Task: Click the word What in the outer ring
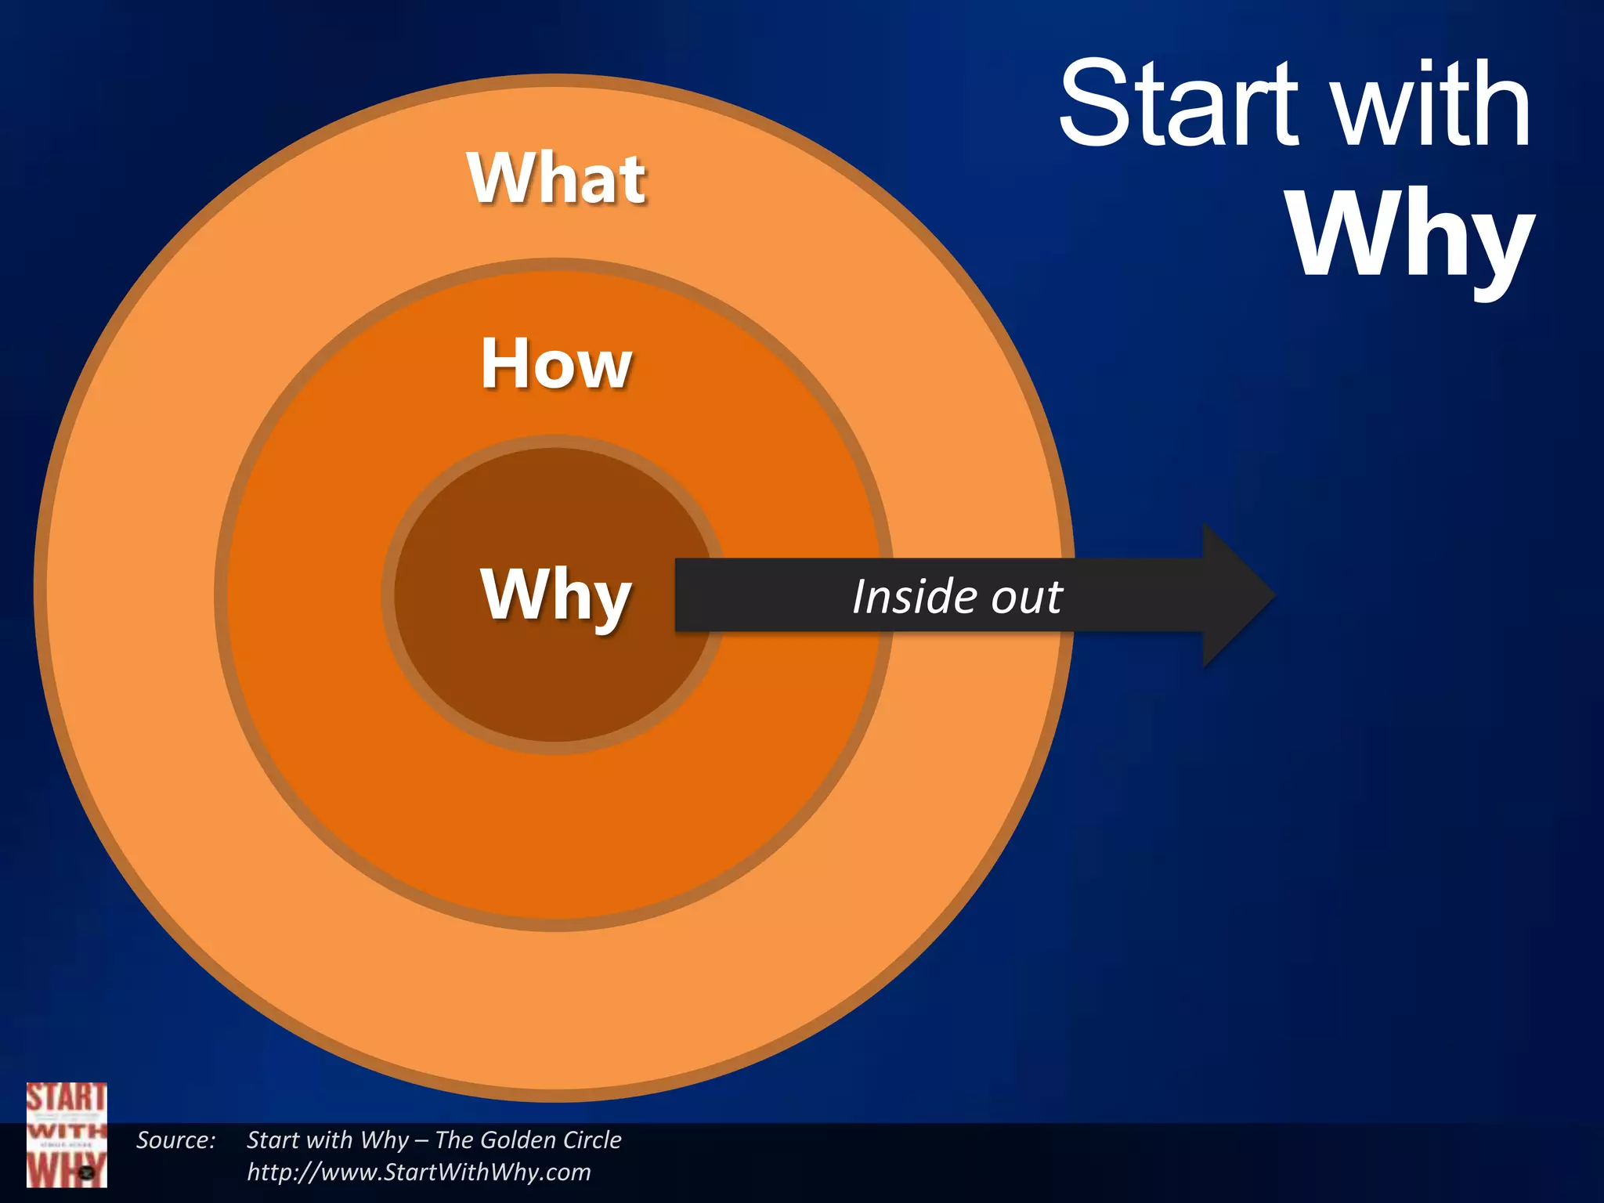557,179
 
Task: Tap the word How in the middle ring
556,363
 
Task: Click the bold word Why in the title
1410,235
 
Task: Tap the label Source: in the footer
175,1140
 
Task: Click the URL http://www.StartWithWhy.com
419,1172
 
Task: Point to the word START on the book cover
66,1098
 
